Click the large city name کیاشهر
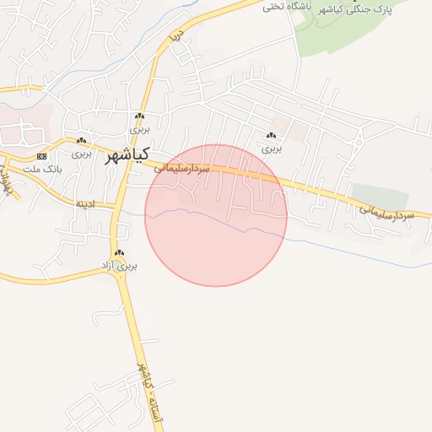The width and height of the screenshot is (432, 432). pyautogui.click(x=127, y=155)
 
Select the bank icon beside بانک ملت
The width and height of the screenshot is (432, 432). pyautogui.click(x=42, y=157)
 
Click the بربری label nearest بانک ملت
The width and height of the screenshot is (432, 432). pyautogui.click(x=81, y=154)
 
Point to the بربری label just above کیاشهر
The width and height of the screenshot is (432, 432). pyautogui.click(x=139, y=130)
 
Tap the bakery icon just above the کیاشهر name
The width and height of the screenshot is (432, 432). pyautogui.click(x=139, y=117)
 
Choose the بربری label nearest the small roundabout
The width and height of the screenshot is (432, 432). pyautogui.click(x=271, y=148)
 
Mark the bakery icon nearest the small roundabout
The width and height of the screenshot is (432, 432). pyautogui.click(x=271, y=136)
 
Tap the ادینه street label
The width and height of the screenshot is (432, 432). pyautogui.click(x=86, y=203)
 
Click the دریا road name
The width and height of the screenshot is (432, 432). pyautogui.click(x=175, y=37)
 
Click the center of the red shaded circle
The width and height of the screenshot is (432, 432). pyautogui.click(x=216, y=215)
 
